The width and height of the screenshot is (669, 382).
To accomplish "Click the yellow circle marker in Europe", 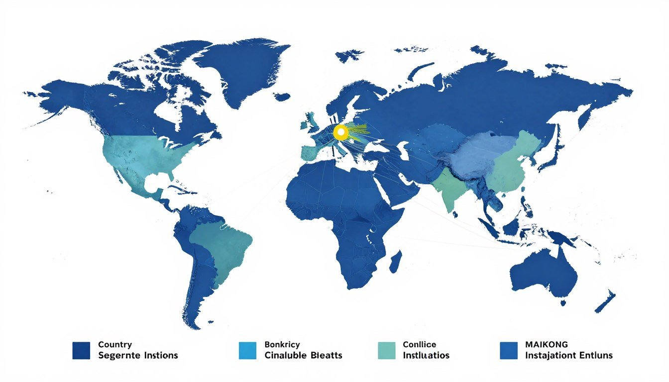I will pyautogui.click(x=340, y=132).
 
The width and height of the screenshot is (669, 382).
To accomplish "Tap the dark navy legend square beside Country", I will pyautogui.click(x=81, y=350).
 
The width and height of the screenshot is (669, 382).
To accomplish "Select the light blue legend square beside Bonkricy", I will pyautogui.click(x=247, y=350).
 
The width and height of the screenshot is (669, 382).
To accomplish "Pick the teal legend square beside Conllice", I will pyautogui.click(x=386, y=350).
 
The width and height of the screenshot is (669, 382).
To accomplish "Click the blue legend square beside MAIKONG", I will pyautogui.click(x=509, y=350).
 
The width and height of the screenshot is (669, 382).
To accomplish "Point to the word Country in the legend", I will pyautogui.click(x=115, y=344).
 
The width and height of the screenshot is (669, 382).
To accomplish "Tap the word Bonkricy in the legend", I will pyautogui.click(x=282, y=344).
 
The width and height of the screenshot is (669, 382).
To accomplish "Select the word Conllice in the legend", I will pyautogui.click(x=420, y=344).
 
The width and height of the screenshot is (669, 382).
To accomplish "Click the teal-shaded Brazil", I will pyautogui.click(x=224, y=249).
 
